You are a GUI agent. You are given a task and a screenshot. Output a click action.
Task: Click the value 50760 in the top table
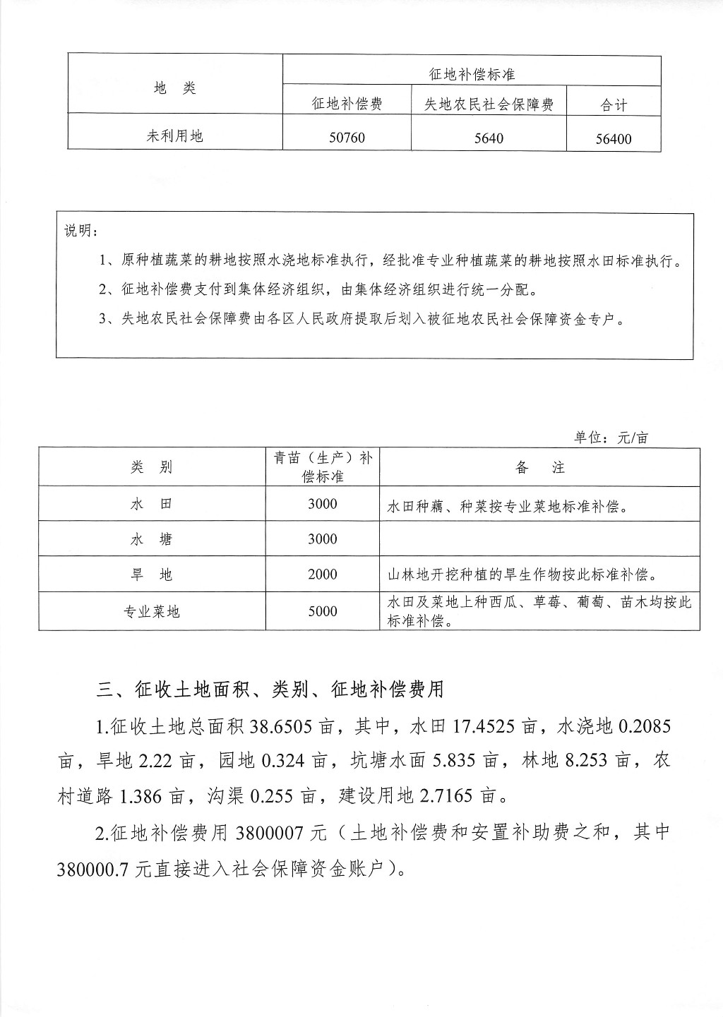(x=347, y=137)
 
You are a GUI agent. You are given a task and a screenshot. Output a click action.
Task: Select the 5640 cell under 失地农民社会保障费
(x=489, y=138)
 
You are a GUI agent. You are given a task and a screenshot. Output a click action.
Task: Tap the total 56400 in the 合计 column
(x=613, y=138)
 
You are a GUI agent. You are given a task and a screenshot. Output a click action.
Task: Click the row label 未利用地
(x=174, y=136)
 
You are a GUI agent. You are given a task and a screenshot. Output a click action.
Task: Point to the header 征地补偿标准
(x=472, y=73)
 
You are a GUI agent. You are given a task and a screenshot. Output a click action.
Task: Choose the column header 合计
(x=613, y=105)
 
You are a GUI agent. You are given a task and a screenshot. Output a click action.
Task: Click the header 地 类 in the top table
(x=174, y=88)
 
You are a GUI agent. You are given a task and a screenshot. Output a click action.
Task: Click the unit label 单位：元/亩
(x=611, y=438)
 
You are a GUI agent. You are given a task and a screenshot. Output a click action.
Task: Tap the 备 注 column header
(x=540, y=467)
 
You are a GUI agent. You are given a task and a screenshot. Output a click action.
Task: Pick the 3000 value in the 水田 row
(x=323, y=504)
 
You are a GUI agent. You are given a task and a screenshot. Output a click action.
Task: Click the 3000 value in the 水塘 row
(x=323, y=539)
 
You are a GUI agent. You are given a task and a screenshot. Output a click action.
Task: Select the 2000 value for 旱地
(x=323, y=574)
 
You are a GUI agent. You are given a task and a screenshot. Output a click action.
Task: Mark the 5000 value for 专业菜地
(x=323, y=611)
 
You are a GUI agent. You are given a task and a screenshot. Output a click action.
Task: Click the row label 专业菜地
(x=152, y=611)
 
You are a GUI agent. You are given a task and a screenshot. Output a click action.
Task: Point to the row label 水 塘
(x=152, y=540)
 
